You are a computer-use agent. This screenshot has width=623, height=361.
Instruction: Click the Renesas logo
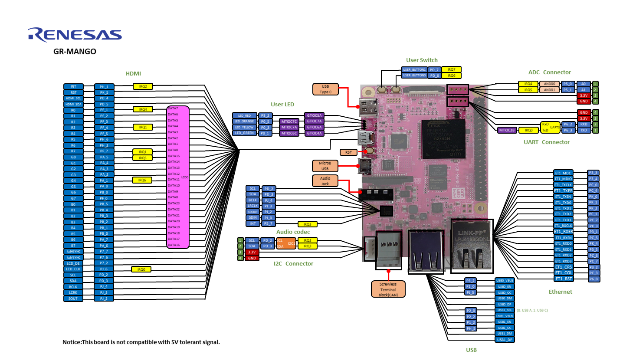pyautogui.click(x=75, y=35)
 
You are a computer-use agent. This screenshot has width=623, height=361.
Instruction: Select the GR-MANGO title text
pyautogui.click(x=75, y=51)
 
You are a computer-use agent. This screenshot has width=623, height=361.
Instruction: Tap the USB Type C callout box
pyautogui.click(x=325, y=89)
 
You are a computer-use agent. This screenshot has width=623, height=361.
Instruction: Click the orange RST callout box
pyautogui.click(x=348, y=152)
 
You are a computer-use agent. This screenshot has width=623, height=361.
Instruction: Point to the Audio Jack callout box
pyautogui.click(x=325, y=181)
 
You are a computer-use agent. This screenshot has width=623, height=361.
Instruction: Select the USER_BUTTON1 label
pyautogui.click(x=414, y=69)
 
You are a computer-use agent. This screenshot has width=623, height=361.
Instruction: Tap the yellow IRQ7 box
pyautogui.click(x=451, y=69)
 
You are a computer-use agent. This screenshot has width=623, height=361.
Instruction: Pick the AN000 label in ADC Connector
pyautogui.click(x=549, y=84)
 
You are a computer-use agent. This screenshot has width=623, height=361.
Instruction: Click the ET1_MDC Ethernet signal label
pyautogui.click(x=564, y=173)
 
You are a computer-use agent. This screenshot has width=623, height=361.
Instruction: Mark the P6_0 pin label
pyautogui.click(x=593, y=279)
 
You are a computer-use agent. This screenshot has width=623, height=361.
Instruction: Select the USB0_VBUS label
pyautogui.click(x=505, y=281)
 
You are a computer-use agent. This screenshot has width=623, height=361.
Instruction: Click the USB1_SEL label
pyautogui.click(x=505, y=310)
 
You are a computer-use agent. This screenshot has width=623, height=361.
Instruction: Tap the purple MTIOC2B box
pyautogui.click(x=507, y=130)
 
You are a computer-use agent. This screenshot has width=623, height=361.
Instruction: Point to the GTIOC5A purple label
pyautogui.click(x=315, y=115)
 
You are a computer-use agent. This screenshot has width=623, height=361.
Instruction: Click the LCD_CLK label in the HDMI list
pyautogui.click(x=73, y=269)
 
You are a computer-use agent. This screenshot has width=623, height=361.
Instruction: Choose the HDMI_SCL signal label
pyautogui.click(x=73, y=98)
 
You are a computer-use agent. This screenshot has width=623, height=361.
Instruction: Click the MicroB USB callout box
pyautogui.click(x=325, y=166)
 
